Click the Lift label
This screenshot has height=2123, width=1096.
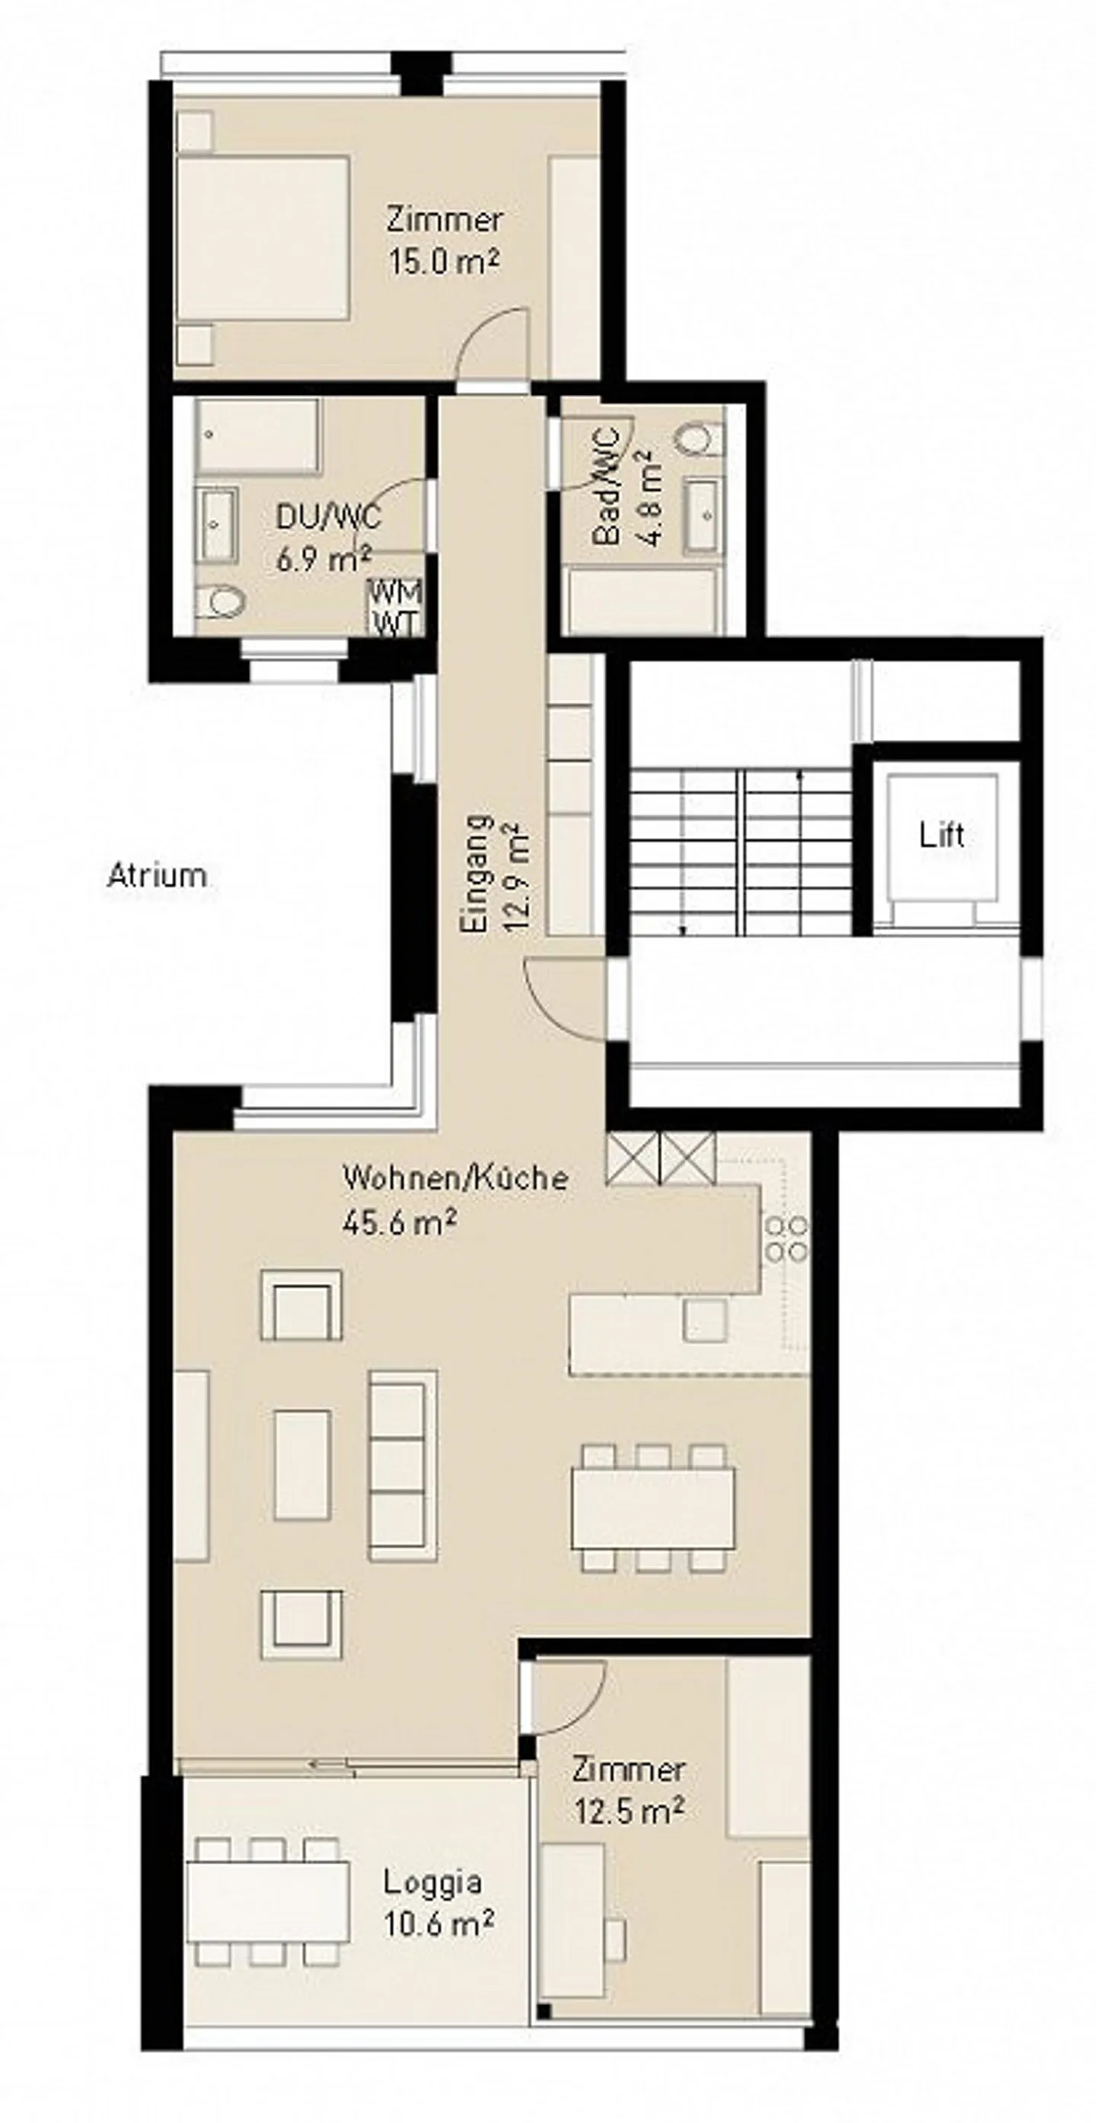click(941, 836)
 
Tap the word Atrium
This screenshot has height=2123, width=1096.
click(157, 875)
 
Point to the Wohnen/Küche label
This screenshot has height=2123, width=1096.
click(455, 1178)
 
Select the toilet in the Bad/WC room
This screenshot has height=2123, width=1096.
click(699, 438)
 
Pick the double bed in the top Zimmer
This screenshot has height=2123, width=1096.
click(262, 237)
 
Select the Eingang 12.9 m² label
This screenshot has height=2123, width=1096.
click(492, 874)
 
